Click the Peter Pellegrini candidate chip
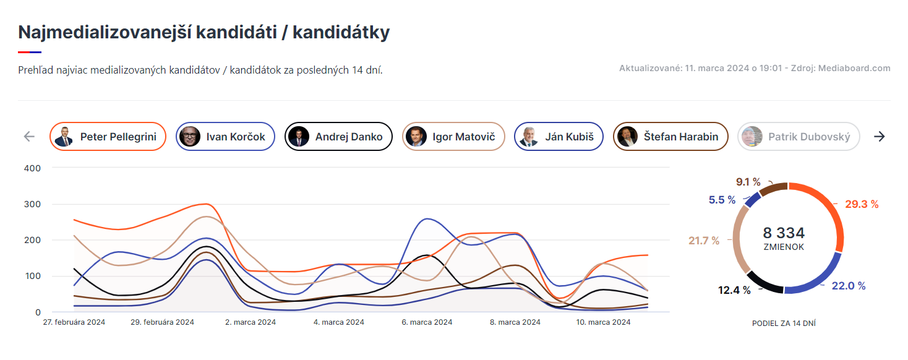point(108,137)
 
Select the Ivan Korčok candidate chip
point(225,137)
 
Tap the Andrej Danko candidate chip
point(338,137)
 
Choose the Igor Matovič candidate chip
point(453,137)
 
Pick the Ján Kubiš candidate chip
point(559,137)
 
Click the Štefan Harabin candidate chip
point(670,137)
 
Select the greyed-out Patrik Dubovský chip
point(799,137)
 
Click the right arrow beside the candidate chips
point(879,137)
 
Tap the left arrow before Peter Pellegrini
point(29,137)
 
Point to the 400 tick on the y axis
point(32,168)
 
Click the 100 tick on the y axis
point(33,276)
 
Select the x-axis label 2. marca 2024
point(251,322)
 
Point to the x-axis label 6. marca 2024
point(427,322)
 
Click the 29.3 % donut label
point(862,204)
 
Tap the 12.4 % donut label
point(735,290)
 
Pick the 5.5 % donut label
point(722,200)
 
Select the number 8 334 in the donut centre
point(784,233)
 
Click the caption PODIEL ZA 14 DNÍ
point(784,323)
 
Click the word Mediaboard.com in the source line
point(854,68)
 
